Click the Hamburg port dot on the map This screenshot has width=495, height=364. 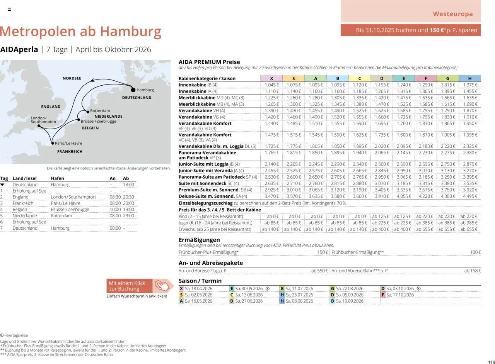click(x=133, y=90)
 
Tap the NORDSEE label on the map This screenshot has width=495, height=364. click(x=72, y=78)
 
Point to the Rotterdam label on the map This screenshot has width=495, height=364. click(x=100, y=111)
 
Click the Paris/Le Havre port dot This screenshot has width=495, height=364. click(x=53, y=143)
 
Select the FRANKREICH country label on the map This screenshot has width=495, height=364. click(x=70, y=152)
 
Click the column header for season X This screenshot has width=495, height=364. click(x=271, y=78)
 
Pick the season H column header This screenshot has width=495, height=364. click(x=470, y=78)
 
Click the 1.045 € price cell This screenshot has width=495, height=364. click(x=271, y=85)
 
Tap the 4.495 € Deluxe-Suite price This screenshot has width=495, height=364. click(x=470, y=196)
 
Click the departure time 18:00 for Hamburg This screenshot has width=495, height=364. click(x=128, y=185)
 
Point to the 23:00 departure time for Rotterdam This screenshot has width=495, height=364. click(x=128, y=216)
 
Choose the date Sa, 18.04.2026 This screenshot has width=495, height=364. click(x=198, y=289)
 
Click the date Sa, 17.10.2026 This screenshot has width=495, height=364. click(x=400, y=295)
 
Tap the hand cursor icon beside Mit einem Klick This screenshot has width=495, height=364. click(x=163, y=286)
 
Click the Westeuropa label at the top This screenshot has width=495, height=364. click(x=452, y=14)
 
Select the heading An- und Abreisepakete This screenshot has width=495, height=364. click(x=210, y=263)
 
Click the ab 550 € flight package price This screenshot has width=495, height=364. click(x=319, y=271)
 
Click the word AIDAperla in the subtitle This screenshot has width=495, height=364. click(x=19, y=49)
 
